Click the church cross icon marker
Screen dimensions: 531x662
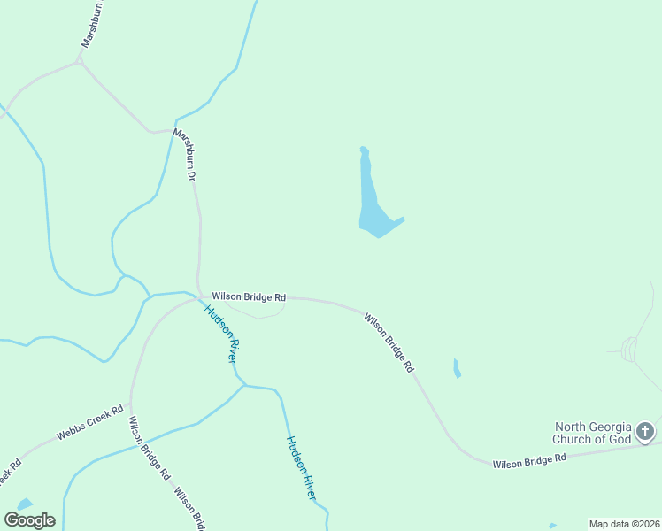[x=645, y=432]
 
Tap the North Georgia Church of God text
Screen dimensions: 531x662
[x=592, y=433]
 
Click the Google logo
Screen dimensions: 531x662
[x=29, y=520]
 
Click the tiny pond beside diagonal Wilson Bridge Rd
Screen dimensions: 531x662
[x=457, y=368]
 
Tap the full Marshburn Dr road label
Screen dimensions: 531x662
[x=184, y=155]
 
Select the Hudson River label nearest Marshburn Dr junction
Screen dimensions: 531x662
[x=221, y=334]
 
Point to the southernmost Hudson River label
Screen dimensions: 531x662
[x=301, y=468]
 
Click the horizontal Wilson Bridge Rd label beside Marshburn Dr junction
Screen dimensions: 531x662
[x=249, y=297]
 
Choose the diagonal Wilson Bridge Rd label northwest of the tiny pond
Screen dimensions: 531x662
[x=389, y=342]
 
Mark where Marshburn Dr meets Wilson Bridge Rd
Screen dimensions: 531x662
[x=198, y=296]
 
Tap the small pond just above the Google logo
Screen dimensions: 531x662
[x=25, y=504]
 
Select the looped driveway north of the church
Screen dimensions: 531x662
[x=630, y=349]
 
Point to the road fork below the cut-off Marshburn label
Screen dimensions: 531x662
[x=80, y=62]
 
